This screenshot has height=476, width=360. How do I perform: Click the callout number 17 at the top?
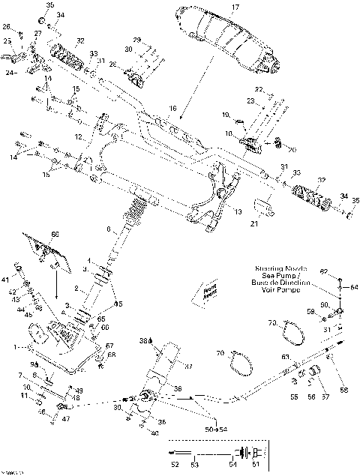pos(234,7)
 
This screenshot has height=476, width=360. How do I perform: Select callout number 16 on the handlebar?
pos(173,109)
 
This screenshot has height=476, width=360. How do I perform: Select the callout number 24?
pos(10,73)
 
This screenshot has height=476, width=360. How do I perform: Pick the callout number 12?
pos(77,136)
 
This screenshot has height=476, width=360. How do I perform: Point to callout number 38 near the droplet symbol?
pos(144,341)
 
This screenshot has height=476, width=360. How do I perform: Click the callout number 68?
pos(111,355)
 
